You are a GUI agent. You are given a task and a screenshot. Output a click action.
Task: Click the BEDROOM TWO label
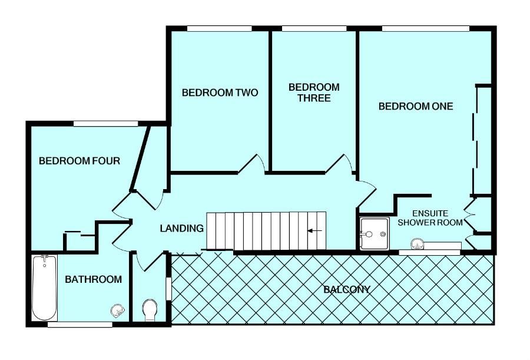pyautogui.click(x=220, y=93)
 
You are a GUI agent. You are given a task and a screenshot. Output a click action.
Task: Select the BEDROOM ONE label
pyautogui.click(x=416, y=107)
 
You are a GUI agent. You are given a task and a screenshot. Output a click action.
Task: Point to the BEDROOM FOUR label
pyautogui.click(x=79, y=161)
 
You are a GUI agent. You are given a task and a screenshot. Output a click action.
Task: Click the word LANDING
pyautogui.click(x=182, y=228)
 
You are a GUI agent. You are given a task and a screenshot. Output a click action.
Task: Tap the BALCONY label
pyautogui.click(x=347, y=290)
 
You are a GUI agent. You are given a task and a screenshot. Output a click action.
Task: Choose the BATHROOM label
pyautogui.click(x=93, y=279)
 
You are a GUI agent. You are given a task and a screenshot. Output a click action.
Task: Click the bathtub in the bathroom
pyautogui.click(x=45, y=287)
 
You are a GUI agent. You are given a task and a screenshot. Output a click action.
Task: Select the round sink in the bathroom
pyautogui.click(x=117, y=310)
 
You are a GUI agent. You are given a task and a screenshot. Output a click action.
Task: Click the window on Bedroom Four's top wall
pyautogui.click(x=105, y=123)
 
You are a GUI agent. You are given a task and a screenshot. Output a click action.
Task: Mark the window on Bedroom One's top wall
pyautogui.click(x=425, y=28)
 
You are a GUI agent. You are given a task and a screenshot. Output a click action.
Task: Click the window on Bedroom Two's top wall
pyautogui.click(x=219, y=28)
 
